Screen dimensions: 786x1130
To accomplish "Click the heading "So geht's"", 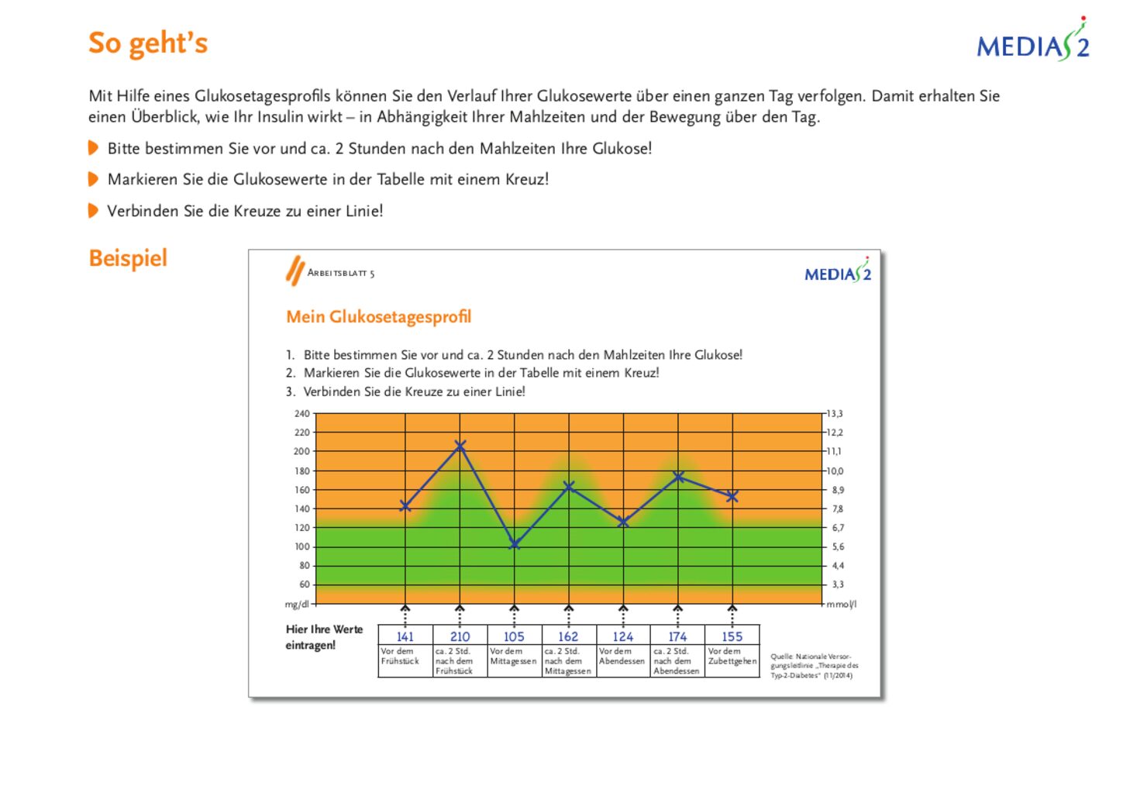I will click(148, 43).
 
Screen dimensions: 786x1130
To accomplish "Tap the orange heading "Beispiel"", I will click(128, 258).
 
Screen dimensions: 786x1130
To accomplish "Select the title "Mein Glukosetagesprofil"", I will click(378, 317).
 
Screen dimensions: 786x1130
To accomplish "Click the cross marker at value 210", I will click(460, 445).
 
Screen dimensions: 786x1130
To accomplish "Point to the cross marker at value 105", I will click(514, 544).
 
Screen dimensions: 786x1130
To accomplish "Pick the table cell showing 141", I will click(405, 636).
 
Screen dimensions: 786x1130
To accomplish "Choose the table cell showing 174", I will click(677, 636).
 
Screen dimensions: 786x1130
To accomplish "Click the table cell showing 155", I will click(732, 636).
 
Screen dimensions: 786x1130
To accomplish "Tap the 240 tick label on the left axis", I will click(301, 414).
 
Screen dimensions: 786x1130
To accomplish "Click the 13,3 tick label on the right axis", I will click(835, 414).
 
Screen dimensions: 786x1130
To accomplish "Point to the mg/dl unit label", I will click(297, 604).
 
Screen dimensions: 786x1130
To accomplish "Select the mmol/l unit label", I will click(842, 604).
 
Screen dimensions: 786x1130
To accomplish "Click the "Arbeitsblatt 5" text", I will click(341, 273).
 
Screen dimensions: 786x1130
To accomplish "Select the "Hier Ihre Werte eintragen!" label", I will click(324, 637).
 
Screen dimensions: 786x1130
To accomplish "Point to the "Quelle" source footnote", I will click(814, 666).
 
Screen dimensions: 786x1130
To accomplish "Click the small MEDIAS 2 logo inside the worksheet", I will click(838, 273).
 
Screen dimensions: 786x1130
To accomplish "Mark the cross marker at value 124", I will click(623, 522).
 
